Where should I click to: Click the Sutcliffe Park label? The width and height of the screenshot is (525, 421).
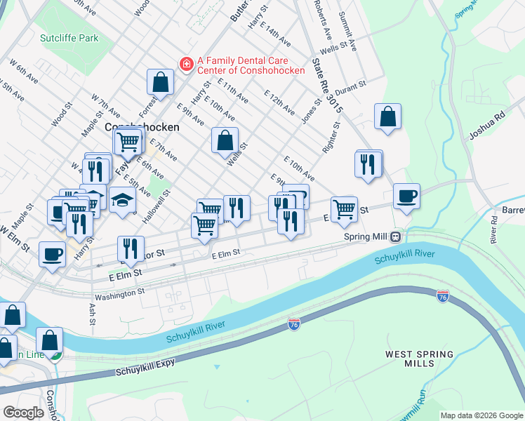[x=69, y=38]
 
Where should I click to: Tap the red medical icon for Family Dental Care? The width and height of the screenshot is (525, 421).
[x=186, y=65]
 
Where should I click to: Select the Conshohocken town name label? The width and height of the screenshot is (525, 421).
[x=142, y=128]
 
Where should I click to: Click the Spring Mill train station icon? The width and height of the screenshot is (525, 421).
[x=396, y=236]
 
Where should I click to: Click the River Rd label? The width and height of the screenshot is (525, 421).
[x=495, y=229]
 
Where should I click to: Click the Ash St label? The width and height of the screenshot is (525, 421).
[x=92, y=314]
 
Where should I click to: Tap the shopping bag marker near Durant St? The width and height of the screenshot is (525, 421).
[x=387, y=117]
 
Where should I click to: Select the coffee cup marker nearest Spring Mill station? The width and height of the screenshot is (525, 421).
[x=406, y=196]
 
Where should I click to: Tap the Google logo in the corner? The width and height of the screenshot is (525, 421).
[x=23, y=413]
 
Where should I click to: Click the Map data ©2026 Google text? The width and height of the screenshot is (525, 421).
[x=481, y=415]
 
